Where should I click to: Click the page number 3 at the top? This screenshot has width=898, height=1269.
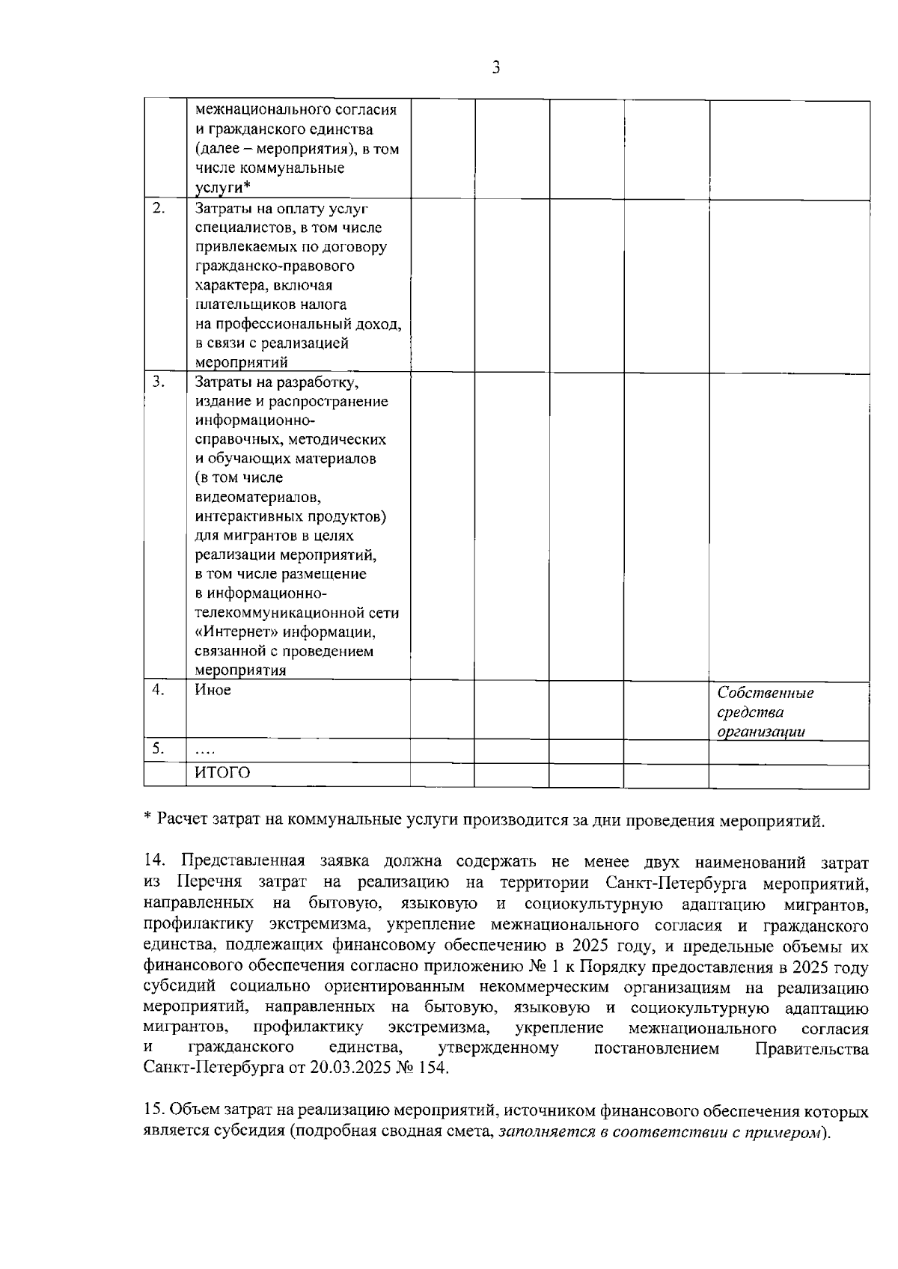point(495,68)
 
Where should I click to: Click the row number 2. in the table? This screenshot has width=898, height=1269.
point(158,209)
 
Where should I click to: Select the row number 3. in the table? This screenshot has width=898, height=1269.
point(158,382)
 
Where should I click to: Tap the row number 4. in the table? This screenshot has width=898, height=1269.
point(158,690)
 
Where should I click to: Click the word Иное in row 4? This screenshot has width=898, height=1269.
point(213,690)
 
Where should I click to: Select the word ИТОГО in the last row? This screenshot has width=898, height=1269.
point(222,773)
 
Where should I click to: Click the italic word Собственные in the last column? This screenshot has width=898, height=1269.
point(765,693)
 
